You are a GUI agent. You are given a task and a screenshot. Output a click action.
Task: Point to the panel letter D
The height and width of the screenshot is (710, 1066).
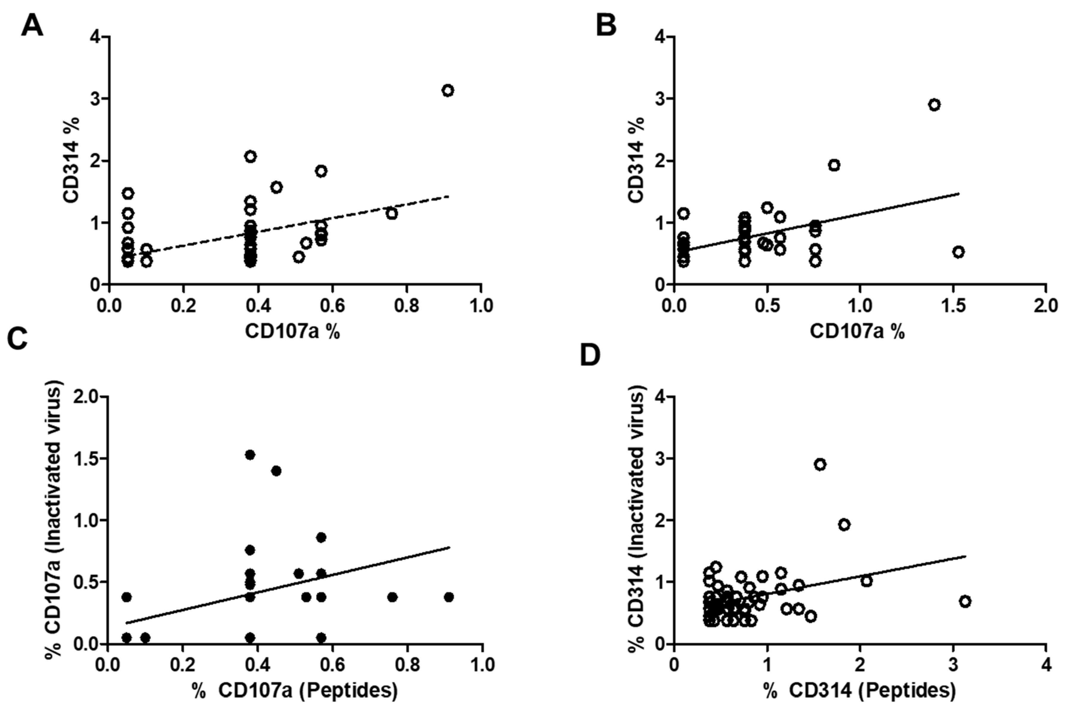click(x=590, y=356)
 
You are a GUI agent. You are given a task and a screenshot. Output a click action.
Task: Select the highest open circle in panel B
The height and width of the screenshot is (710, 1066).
click(x=934, y=105)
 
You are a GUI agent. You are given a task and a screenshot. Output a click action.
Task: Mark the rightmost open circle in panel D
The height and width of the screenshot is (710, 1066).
click(x=965, y=601)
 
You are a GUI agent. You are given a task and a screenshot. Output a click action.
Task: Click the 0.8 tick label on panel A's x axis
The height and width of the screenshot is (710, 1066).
click(x=406, y=306)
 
